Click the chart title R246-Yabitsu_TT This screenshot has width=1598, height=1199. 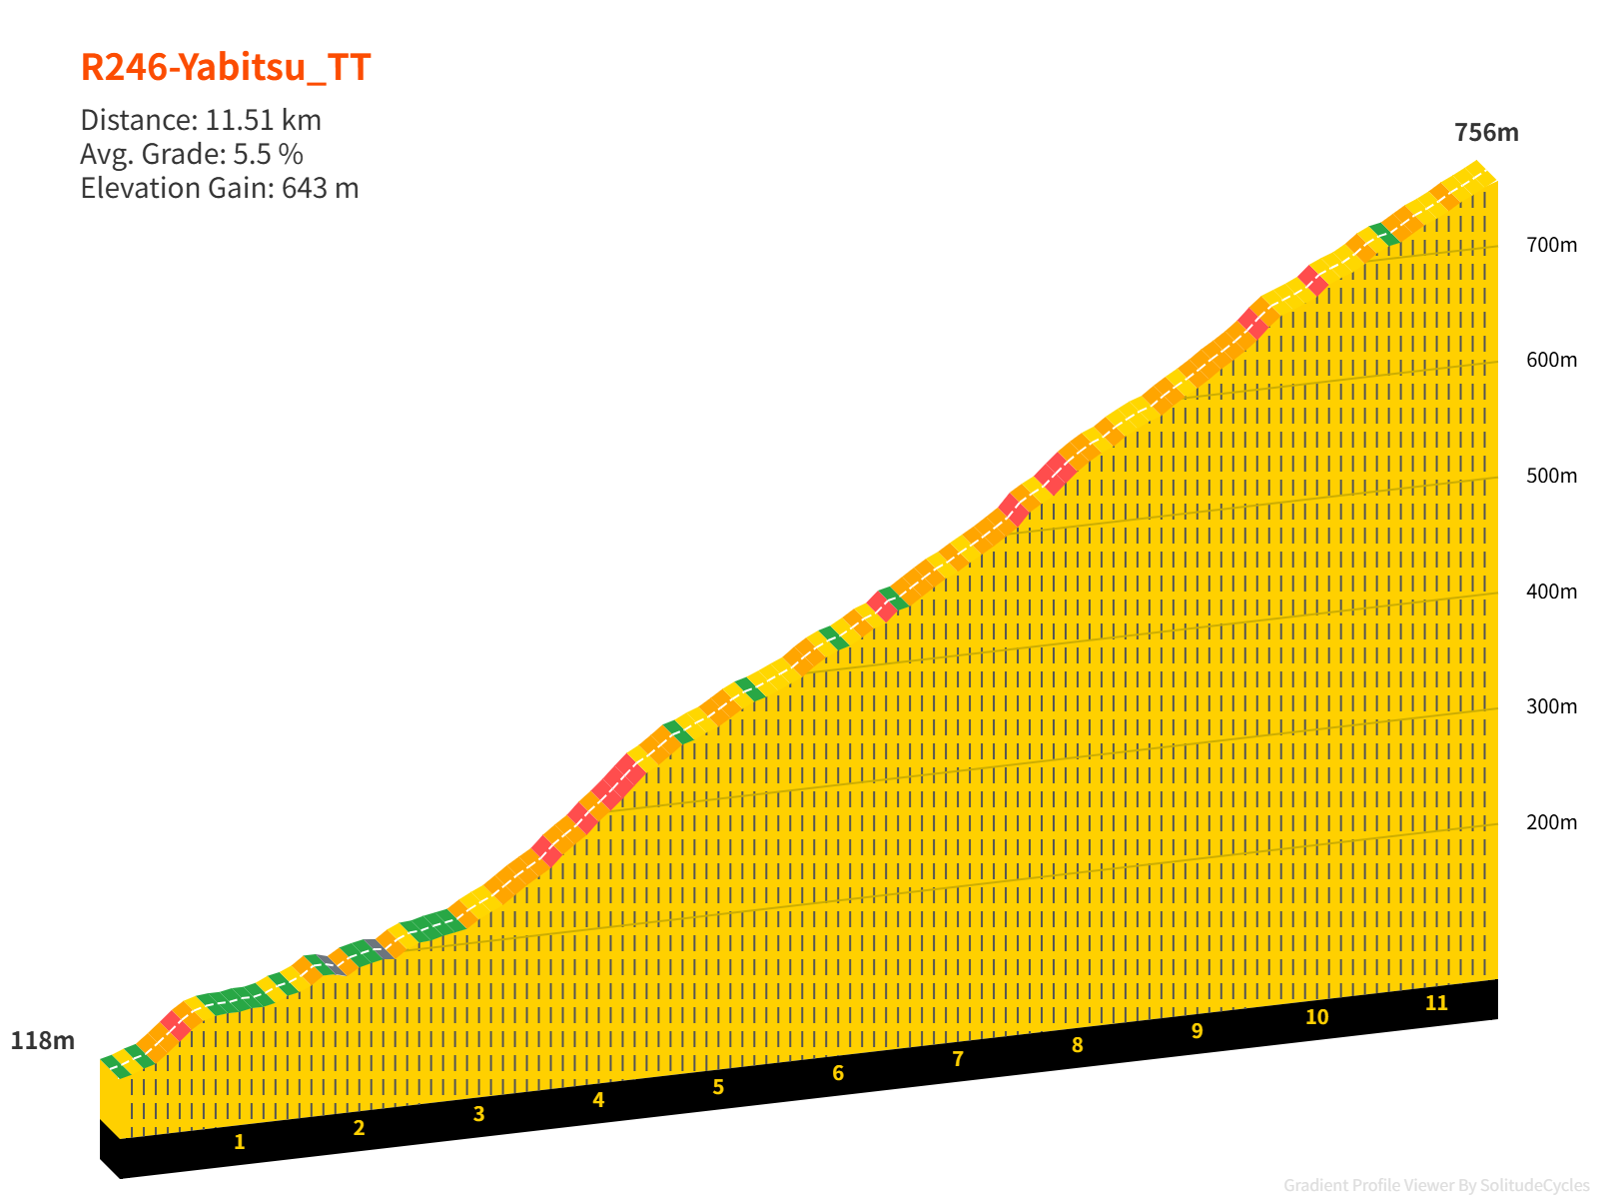pyautogui.click(x=226, y=68)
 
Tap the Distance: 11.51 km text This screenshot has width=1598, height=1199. pyautogui.click(x=201, y=120)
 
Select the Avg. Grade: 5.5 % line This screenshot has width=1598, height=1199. pyautogui.click(x=192, y=154)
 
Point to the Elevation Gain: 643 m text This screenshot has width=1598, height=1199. pyautogui.click(x=220, y=188)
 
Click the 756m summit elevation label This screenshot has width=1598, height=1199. pyautogui.click(x=1486, y=133)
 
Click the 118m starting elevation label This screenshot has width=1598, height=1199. pyautogui.click(x=43, y=1041)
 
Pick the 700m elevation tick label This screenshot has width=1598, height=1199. pyautogui.click(x=1551, y=245)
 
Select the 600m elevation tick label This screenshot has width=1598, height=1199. pyautogui.click(x=1551, y=360)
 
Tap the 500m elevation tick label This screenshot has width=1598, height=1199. pyautogui.click(x=1551, y=476)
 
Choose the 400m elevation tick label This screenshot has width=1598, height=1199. pyautogui.click(x=1551, y=592)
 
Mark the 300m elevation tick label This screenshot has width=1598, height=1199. pyautogui.click(x=1551, y=706)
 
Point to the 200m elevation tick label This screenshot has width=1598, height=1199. pyautogui.click(x=1551, y=822)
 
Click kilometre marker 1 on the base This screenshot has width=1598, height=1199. pyautogui.click(x=240, y=1142)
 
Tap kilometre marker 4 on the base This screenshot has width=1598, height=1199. pyautogui.click(x=598, y=1100)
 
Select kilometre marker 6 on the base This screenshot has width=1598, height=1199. pyautogui.click(x=838, y=1073)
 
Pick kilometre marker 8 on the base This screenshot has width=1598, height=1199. pyautogui.click(x=1077, y=1045)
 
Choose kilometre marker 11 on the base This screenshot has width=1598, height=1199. pyautogui.click(x=1436, y=1003)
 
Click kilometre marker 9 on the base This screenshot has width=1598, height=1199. pyautogui.click(x=1197, y=1031)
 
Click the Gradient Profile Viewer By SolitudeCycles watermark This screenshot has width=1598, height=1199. pyautogui.click(x=1436, y=1186)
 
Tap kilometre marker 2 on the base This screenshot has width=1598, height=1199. pyautogui.click(x=359, y=1128)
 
